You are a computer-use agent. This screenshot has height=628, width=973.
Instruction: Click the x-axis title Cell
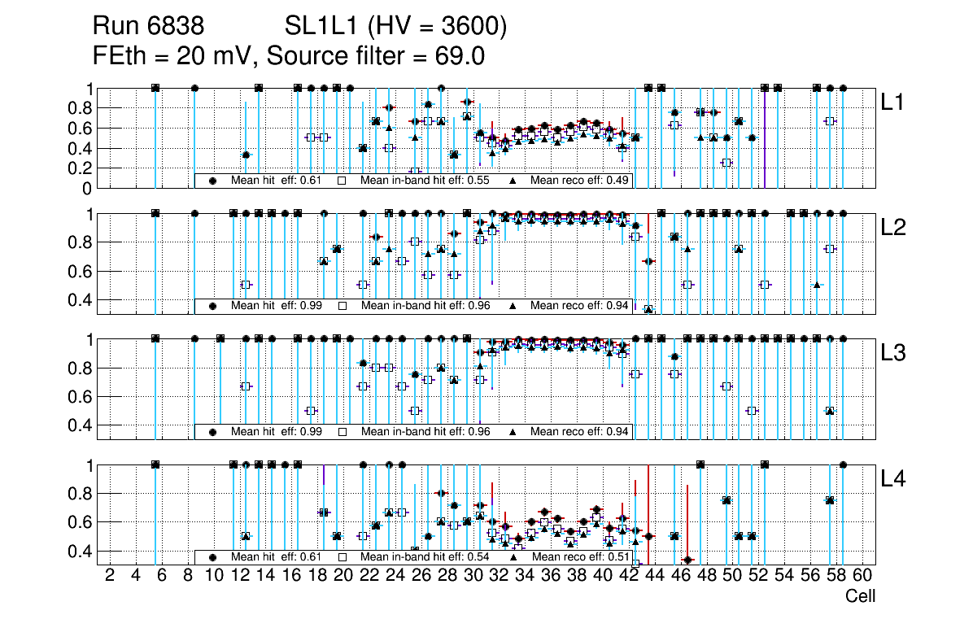click(860, 596)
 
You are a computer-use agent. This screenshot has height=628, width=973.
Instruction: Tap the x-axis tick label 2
click(110, 576)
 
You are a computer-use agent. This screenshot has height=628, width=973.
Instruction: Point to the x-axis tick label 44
click(655, 576)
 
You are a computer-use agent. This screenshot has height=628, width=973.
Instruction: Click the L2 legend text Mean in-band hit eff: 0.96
click(425, 306)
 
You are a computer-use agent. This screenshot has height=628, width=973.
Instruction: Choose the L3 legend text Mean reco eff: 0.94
click(579, 432)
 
